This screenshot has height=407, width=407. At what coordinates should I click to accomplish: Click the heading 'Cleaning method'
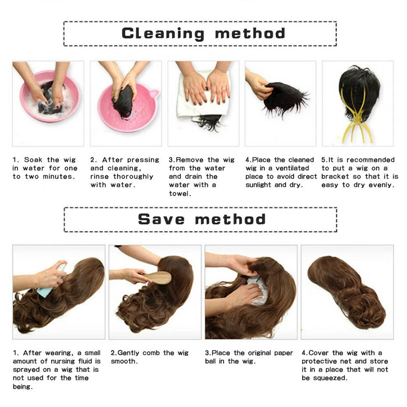tap(203, 34)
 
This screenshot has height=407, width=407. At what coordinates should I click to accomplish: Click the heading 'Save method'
tap(202, 219)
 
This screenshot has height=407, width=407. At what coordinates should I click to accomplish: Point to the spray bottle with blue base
tap(53, 280)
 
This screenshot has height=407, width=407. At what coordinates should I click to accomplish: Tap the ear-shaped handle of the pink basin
tap(154, 94)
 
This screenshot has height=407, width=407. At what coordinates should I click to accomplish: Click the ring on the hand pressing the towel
tap(223, 88)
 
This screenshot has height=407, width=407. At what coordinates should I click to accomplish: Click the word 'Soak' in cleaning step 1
tap(33, 160)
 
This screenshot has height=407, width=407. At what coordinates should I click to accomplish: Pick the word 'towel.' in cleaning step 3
tap(180, 193)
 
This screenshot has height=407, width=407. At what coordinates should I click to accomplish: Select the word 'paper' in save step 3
tap(283, 353)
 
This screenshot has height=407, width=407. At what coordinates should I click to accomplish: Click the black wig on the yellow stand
tap(359, 94)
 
